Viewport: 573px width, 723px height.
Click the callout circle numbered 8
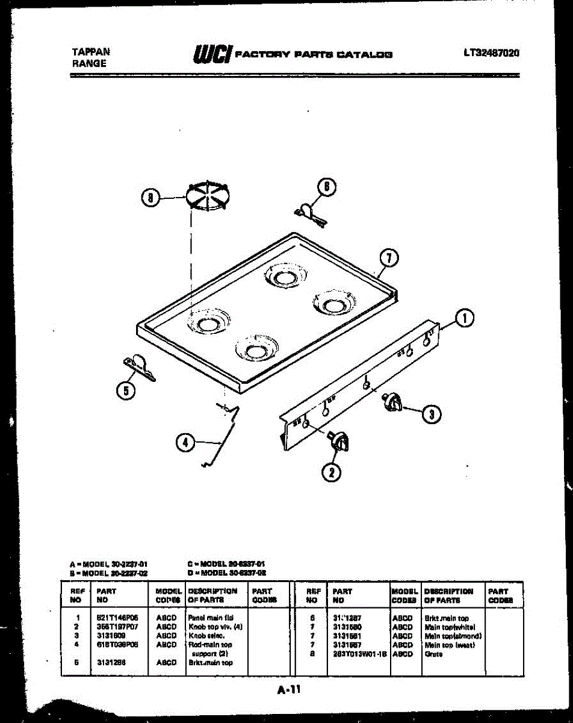(150, 197)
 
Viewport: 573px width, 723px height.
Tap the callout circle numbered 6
(326, 187)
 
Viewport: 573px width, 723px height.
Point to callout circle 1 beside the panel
(464, 318)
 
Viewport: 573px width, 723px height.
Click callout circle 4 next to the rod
(185, 443)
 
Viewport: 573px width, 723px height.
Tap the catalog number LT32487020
(491, 52)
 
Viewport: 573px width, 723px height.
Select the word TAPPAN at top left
(91, 52)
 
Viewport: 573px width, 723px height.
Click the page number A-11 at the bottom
(288, 691)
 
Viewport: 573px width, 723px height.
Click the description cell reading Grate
(433, 654)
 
